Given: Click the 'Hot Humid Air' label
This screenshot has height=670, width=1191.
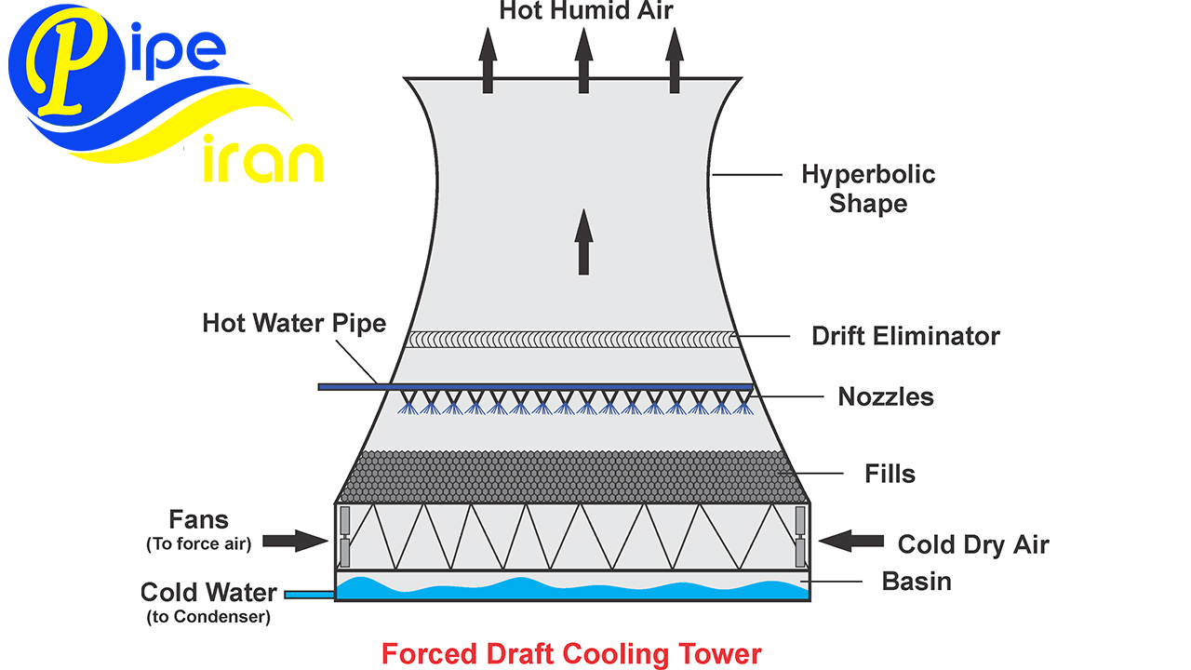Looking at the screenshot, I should [585, 10].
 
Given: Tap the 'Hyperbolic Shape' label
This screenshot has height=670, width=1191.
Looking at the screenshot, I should [868, 188].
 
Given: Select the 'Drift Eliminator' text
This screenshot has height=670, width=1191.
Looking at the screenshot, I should [905, 336].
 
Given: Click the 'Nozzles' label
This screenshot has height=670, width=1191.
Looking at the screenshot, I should [886, 396].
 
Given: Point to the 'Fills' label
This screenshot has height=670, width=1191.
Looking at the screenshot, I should [890, 474].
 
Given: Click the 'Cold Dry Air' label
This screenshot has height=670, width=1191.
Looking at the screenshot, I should [972, 544].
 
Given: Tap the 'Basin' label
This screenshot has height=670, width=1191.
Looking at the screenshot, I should [917, 582].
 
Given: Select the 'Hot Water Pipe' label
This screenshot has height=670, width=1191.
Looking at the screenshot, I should [294, 324].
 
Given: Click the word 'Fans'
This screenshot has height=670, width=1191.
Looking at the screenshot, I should [198, 519].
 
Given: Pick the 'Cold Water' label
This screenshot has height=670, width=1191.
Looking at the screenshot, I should [208, 592].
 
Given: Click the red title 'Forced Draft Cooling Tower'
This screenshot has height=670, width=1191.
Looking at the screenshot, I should [571, 653].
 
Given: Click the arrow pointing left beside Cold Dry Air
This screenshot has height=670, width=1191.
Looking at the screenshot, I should [851, 539].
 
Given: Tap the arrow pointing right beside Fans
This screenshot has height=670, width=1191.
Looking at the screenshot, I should [294, 540].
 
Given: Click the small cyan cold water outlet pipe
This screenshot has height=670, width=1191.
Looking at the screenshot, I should [309, 594].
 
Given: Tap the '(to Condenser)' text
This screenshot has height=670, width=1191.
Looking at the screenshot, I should [208, 616].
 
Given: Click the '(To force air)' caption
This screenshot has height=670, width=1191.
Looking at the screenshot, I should [198, 544].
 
